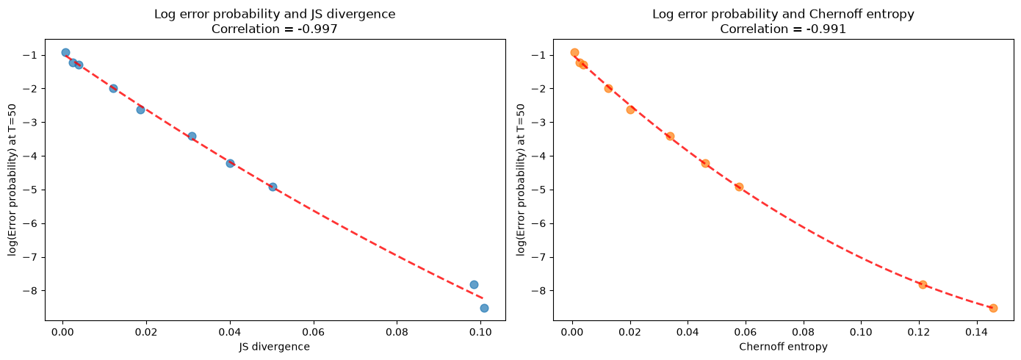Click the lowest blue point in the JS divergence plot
click(x=484, y=308)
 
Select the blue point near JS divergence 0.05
click(x=273, y=187)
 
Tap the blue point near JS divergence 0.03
click(x=192, y=136)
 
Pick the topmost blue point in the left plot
click(x=65, y=52)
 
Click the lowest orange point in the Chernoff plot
click(x=993, y=308)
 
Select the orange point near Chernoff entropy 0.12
click(x=923, y=285)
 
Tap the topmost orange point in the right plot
click(x=574, y=52)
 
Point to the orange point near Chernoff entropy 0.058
click(x=740, y=187)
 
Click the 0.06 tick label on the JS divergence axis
click(x=314, y=332)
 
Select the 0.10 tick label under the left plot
click(x=480, y=332)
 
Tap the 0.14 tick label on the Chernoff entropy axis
click(x=976, y=332)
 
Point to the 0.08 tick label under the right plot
click(x=803, y=332)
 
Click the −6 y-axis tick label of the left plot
click(x=34, y=224)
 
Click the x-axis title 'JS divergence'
click(x=275, y=347)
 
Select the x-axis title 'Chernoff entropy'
click(x=783, y=347)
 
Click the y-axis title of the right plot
click(x=521, y=180)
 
